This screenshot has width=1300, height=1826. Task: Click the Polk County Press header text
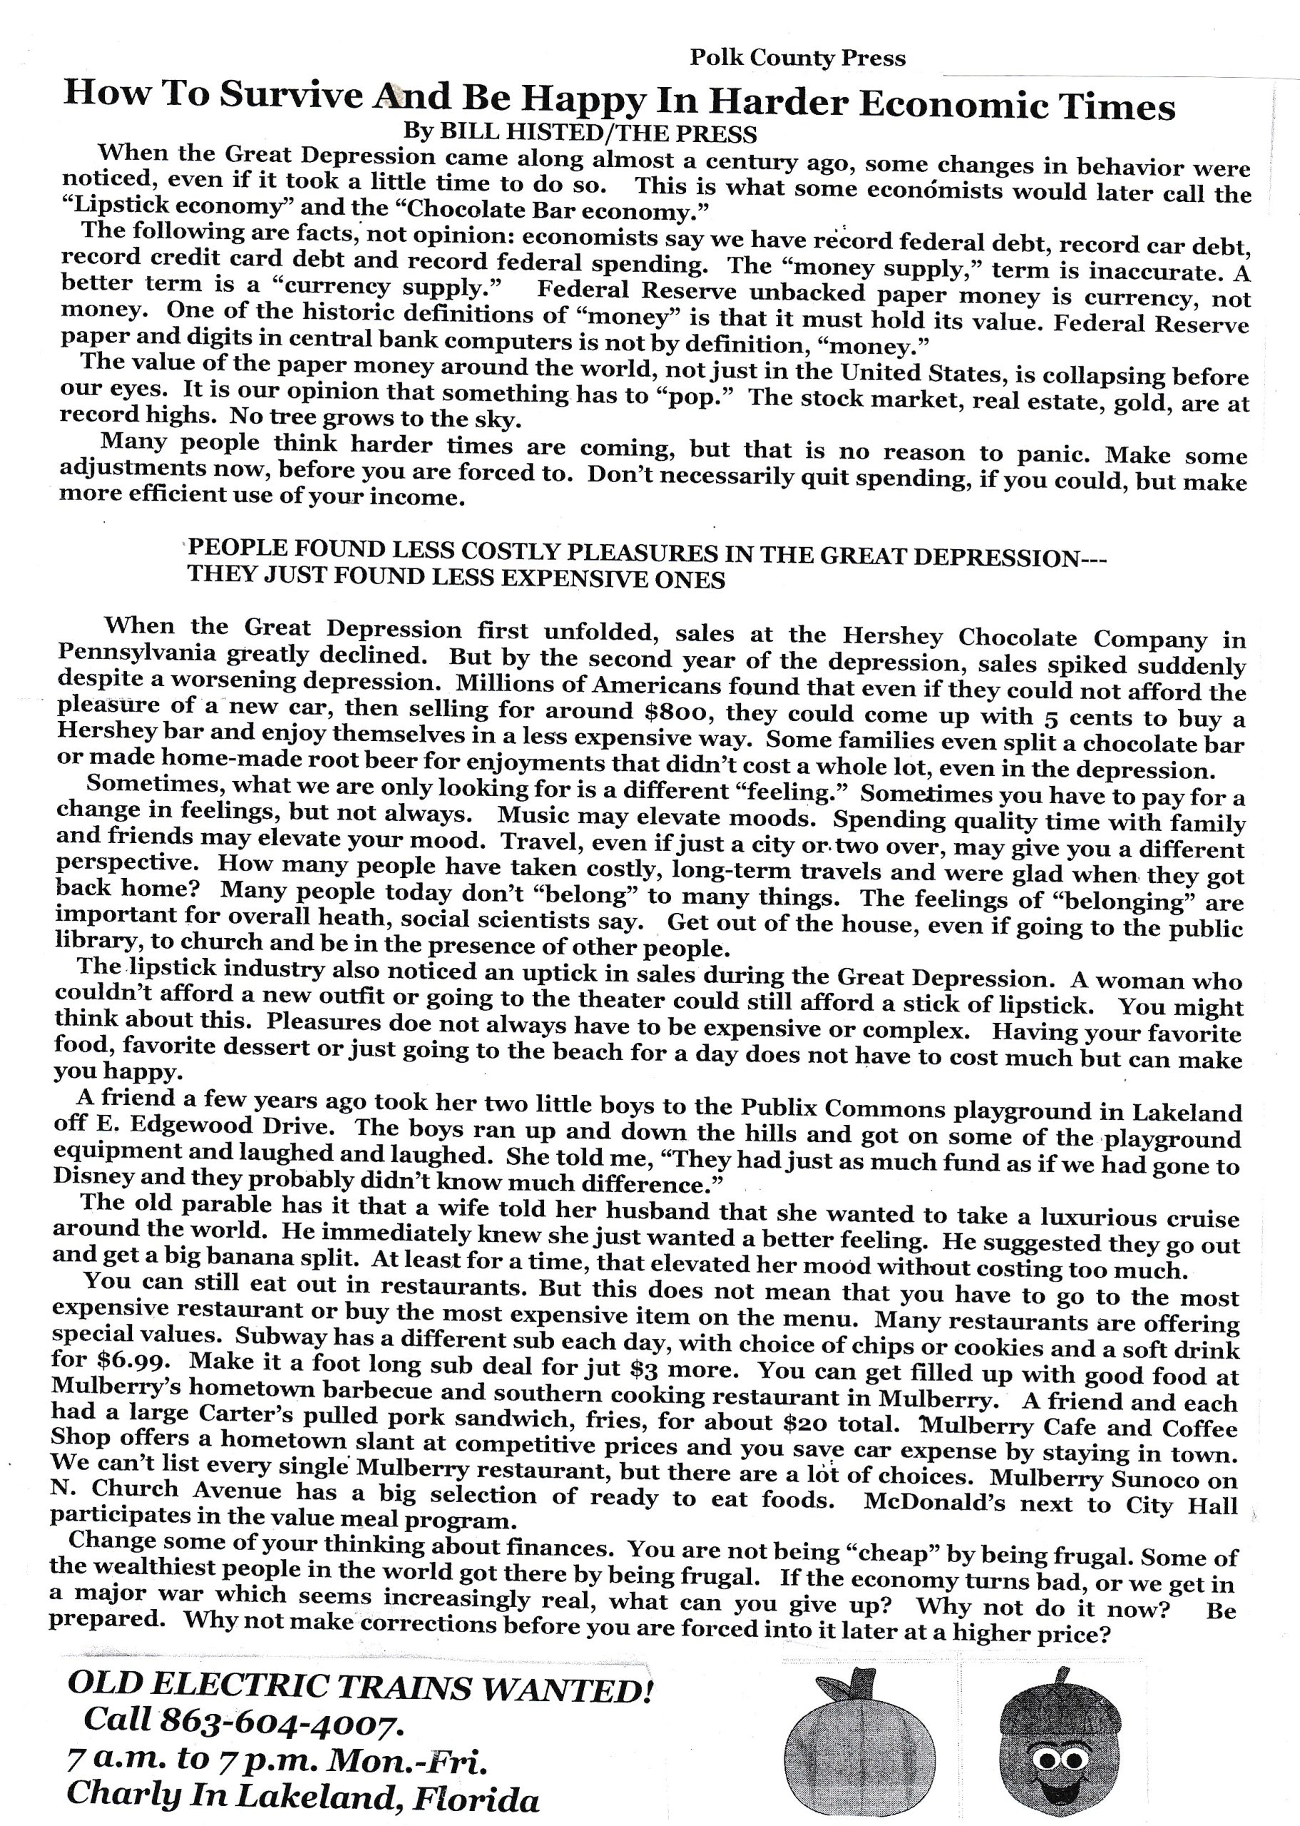point(797,58)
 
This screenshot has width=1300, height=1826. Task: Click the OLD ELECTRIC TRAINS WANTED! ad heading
point(360,1686)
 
